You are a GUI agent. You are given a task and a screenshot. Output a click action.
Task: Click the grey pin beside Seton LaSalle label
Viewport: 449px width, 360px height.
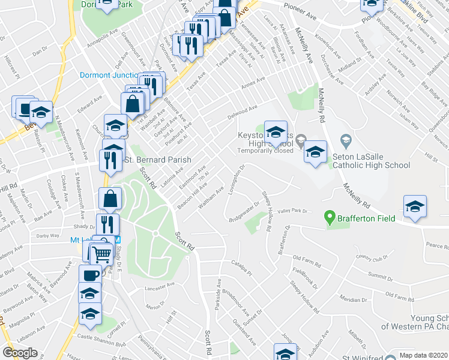[345, 141]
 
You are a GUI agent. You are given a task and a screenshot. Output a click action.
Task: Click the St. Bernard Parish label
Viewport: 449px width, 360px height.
[157, 160]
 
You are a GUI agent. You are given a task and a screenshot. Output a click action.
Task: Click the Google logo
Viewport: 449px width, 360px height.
[20, 353]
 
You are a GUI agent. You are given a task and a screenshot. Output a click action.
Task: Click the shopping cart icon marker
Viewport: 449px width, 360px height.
[101, 254]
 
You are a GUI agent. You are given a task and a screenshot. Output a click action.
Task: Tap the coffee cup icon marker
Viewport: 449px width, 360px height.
[90, 276]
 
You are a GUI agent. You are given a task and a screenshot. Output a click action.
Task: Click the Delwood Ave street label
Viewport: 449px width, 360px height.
[242, 112]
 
